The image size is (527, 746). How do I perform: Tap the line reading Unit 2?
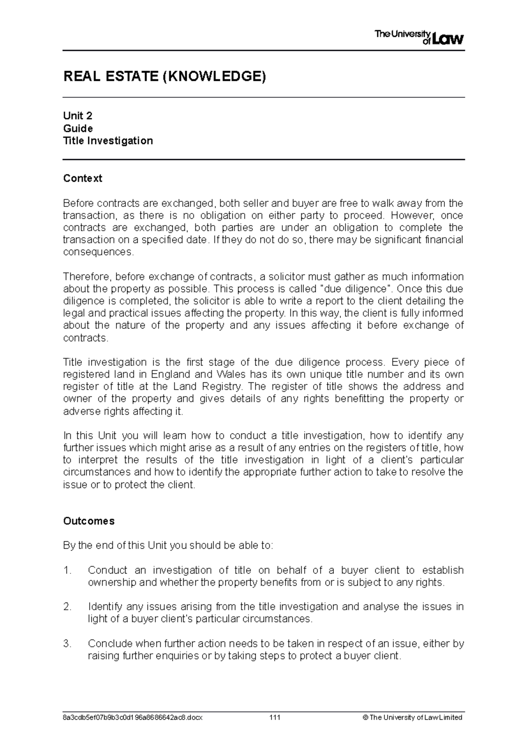pos(78,116)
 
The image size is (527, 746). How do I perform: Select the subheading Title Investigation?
pos(108,141)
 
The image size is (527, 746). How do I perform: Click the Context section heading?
pos(83,178)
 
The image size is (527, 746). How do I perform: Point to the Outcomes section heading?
pos(89,521)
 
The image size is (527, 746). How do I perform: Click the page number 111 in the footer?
pos(275,717)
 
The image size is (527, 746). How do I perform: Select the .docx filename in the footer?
pos(133,717)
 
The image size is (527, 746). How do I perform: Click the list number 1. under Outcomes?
pos(67,570)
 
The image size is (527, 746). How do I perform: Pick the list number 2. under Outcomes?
pos(67,607)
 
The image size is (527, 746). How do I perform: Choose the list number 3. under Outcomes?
pos(67,644)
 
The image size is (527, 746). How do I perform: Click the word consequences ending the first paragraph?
pos(97,252)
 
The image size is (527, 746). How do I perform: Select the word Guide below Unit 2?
pos(78,129)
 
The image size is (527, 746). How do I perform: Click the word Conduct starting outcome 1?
pos(108,570)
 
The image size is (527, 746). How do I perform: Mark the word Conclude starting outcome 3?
pos(109,644)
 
